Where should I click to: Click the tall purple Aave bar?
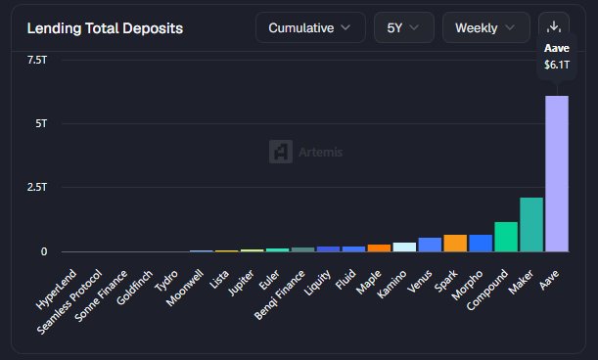coord(557,173)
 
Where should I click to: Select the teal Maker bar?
coord(531,225)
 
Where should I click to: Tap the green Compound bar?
coord(506,237)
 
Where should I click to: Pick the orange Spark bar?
coord(455,244)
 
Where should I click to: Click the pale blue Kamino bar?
coord(404,247)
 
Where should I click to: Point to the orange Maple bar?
coord(379,247)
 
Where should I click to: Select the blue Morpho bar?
coord(481,244)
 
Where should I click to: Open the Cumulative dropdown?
coord(310,27)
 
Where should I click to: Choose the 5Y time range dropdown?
coord(404,27)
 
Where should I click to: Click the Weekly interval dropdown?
coord(485,27)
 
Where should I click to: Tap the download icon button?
coord(554,26)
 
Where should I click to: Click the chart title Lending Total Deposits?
coord(105,28)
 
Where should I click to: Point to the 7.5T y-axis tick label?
coord(37,60)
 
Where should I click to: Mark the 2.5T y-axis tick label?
coord(37,187)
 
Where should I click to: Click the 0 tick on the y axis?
coord(44,251)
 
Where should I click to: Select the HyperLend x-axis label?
coord(56,290)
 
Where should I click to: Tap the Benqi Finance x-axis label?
coord(280,294)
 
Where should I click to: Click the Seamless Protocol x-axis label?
coord(69,302)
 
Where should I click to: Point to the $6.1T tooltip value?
coord(557,65)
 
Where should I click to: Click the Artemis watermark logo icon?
coord(281,152)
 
